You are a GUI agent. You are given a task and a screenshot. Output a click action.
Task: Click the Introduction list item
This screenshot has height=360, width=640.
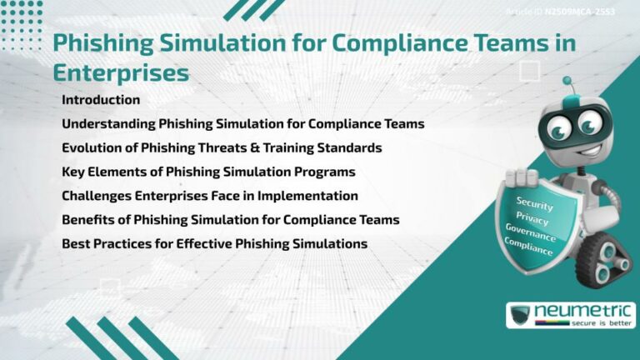point(101,100)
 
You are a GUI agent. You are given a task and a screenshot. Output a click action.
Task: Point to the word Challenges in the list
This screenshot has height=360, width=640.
point(98,197)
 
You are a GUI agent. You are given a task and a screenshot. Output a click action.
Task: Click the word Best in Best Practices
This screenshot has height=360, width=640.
point(76,245)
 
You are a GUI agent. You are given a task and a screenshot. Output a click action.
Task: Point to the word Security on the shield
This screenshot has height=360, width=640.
point(534,203)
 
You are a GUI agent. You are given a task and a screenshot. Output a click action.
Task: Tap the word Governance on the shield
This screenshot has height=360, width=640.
point(530,233)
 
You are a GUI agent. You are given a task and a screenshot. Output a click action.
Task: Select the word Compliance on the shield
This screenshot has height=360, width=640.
point(528,247)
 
